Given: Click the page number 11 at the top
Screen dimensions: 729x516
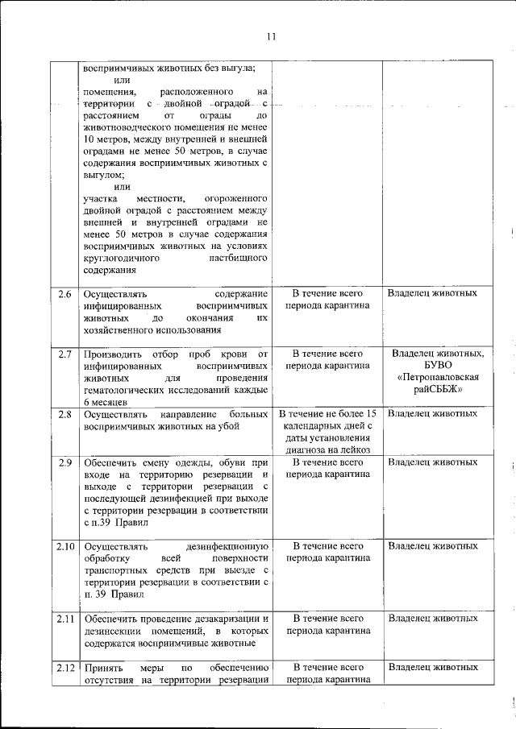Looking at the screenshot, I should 270,37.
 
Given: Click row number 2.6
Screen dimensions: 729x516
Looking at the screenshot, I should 66,293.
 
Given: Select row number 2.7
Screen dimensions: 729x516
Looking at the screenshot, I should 66,354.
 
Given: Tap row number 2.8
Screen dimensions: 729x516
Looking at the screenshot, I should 66,413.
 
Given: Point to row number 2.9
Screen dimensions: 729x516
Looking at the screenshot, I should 66,462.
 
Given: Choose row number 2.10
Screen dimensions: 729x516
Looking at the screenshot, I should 66,546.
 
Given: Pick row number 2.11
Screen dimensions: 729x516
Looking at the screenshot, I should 66,619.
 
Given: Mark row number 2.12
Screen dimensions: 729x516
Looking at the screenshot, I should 66,667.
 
